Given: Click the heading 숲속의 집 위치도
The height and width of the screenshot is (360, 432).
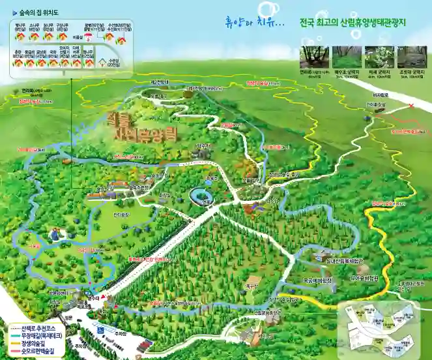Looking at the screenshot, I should click(41, 11).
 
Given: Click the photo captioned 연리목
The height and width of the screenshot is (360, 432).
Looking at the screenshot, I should click(314, 56).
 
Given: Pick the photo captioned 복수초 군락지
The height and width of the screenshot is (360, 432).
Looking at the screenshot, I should click(347, 56).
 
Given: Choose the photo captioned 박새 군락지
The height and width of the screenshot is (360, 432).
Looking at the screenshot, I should click(379, 56).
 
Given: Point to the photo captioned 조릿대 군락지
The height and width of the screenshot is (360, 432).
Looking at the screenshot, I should click(412, 56).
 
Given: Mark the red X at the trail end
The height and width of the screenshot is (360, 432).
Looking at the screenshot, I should click(410, 106).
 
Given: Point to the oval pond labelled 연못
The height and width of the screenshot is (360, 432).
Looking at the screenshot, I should click(200, 196).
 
